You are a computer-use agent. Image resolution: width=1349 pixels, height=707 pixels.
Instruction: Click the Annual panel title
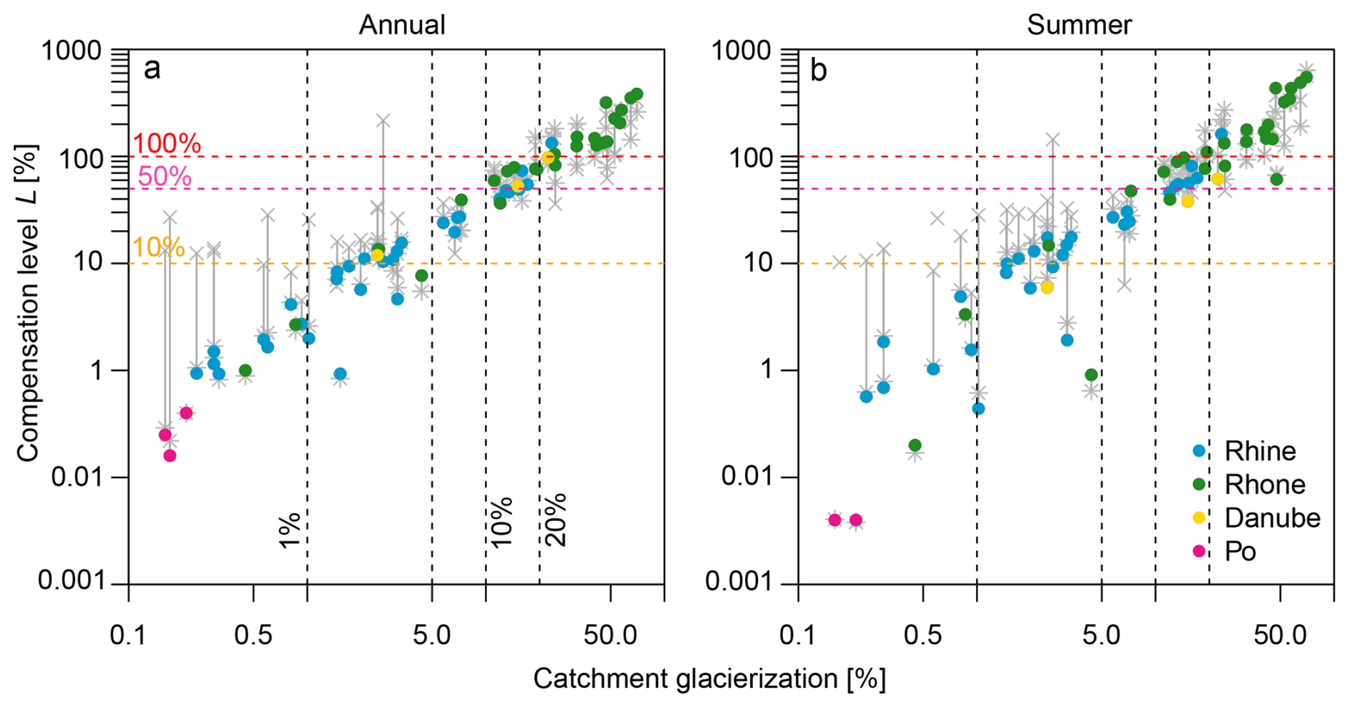(x=401, y=25)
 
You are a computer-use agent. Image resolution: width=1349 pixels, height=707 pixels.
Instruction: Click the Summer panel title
(x=1079, y=25)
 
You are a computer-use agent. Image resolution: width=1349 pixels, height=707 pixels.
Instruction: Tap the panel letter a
(x=152, y=70)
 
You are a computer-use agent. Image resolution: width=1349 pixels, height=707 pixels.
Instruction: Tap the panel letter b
(x=819, y=70)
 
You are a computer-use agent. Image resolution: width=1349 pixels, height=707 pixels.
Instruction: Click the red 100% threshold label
(x=167, y=144)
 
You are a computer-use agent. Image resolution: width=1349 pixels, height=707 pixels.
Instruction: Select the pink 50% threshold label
(x=165, y=177)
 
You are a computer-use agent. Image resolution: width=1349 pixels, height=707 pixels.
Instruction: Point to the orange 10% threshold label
(x=158, y=247)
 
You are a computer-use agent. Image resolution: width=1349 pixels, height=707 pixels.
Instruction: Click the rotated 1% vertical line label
(x=290, y=530)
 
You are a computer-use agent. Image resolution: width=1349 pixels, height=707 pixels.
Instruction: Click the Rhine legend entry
(x=1260, y=451)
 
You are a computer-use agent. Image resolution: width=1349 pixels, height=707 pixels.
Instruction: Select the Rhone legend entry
(x=1264, y=485)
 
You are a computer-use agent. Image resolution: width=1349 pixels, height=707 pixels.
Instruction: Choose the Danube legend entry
(x=1272, y=518)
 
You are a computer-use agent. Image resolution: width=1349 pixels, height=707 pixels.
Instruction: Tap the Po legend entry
(x=1240, y=552)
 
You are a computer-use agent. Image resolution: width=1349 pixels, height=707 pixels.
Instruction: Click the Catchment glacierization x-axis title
(x=709, y=679)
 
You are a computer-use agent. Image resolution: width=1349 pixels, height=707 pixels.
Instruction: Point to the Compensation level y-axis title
(x=28, y=303)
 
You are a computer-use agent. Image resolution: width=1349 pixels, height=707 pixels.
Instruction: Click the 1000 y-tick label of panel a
(x=71, y=51)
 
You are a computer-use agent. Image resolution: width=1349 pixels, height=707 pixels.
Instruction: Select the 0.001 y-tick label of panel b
(x=739, y=582)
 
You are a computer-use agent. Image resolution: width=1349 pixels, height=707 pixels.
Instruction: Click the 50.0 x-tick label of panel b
(x=1280, y=634)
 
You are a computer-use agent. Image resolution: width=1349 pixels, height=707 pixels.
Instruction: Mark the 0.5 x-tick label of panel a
(x=253, y=634)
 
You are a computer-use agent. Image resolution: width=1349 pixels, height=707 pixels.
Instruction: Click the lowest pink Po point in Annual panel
(x=170, y=455)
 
